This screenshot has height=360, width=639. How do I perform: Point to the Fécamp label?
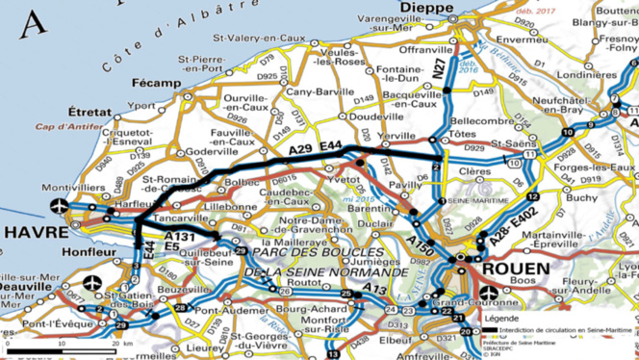pyautogui.click(x=159, y=84)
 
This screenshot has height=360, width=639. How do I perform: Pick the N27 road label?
pyautogui.click(x=439, y=67)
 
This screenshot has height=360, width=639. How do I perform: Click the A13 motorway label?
pyautogui.click(x=374, y=288)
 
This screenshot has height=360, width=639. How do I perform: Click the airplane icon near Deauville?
pyautogui.click(x=91, y=284)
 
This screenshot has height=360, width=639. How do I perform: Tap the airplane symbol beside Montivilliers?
pyautogui.click(x=60, y=205)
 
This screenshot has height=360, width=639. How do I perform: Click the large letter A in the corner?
pyautogui.click(x=37, y=21)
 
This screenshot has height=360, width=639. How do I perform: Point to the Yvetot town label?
pyautogui.click(x=345, y=180)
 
